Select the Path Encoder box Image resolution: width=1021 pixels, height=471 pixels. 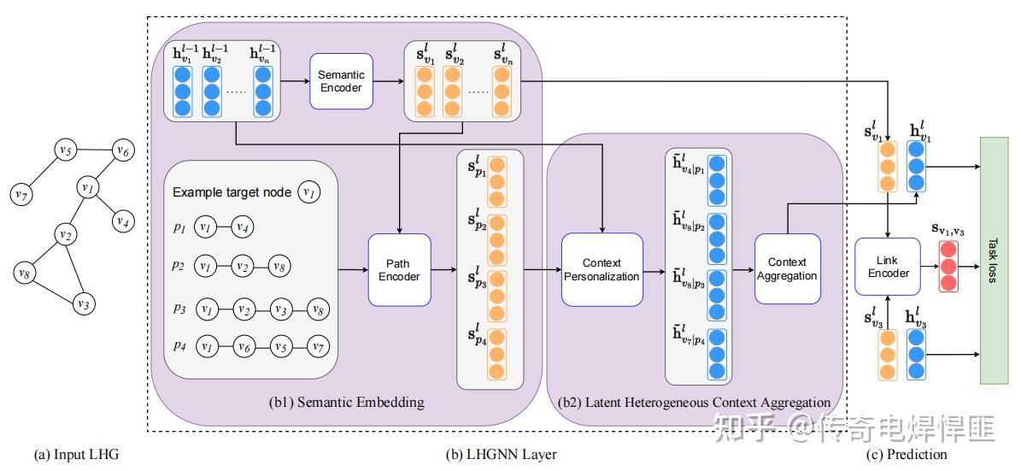click(x=400, y=270)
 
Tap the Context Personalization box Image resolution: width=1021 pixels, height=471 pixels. click(x=601, y=269)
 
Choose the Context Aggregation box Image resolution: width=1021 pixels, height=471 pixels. click(x=787, y=268)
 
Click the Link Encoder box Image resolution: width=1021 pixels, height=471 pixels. click(x=888, y=267)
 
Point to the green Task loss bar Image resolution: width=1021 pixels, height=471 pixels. click(x=994, y=259)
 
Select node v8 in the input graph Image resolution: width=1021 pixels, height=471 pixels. click(x=26, y=274)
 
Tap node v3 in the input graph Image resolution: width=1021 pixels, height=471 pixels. click(x=83, y=303)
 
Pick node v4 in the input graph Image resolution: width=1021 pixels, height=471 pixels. click(x=122, y=221)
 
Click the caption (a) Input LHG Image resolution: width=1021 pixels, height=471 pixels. click(x=76, y=455)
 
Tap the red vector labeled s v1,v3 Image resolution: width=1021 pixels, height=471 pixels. click(x=949, y=267)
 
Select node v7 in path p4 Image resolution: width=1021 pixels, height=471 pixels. click(x=318, y=346)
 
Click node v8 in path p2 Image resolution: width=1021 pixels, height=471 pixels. click(x=279, y=267)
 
